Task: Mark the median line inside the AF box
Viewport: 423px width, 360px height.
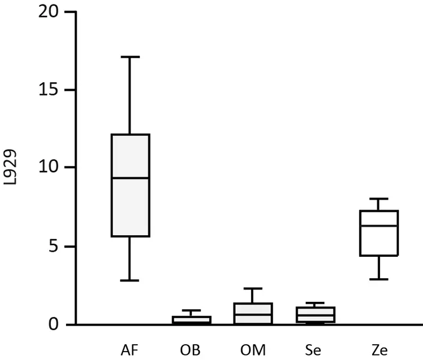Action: tap(130, 178)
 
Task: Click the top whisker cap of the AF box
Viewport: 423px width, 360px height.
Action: tap(130, 57)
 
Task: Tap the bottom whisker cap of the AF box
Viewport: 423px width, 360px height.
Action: tap(130, 280)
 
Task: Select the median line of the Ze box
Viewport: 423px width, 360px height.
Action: tap(380, 226)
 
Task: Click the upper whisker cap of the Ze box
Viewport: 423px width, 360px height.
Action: tap(380, 199)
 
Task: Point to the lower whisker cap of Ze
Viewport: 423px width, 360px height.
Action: tap(380, 279)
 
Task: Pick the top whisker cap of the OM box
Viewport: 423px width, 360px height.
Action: tap(253, 288)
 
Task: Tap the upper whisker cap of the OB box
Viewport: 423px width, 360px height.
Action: tap(191, 310)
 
